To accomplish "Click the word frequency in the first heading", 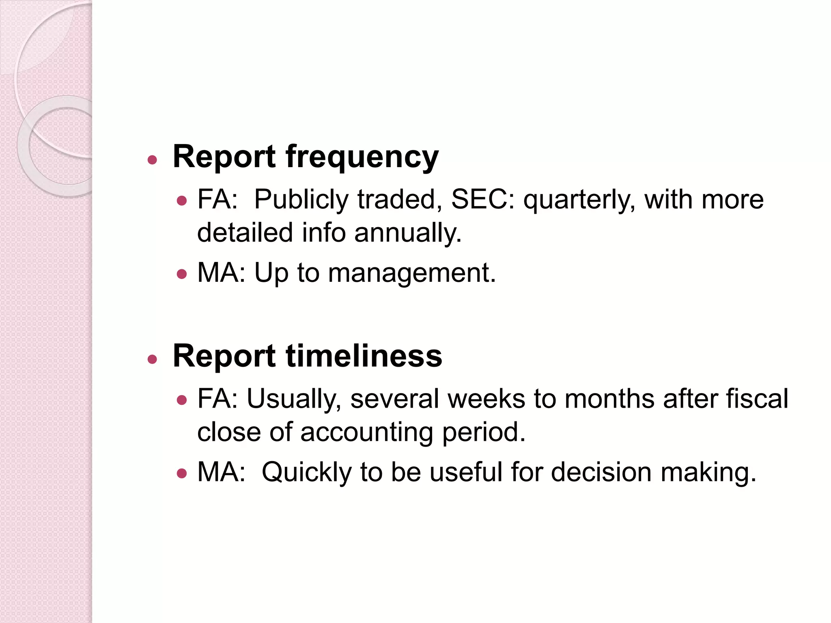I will tap(362, 157).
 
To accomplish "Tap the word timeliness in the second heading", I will tap(364, 356).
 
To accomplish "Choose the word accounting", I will tap(367, 432).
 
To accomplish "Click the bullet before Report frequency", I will tap(152, 160).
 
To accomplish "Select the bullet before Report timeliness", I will tap(152, 359).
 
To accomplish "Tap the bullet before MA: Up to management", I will tap(182, 274).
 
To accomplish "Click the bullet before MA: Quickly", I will tap(182, 473).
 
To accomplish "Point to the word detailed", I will tap(245, 233).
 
